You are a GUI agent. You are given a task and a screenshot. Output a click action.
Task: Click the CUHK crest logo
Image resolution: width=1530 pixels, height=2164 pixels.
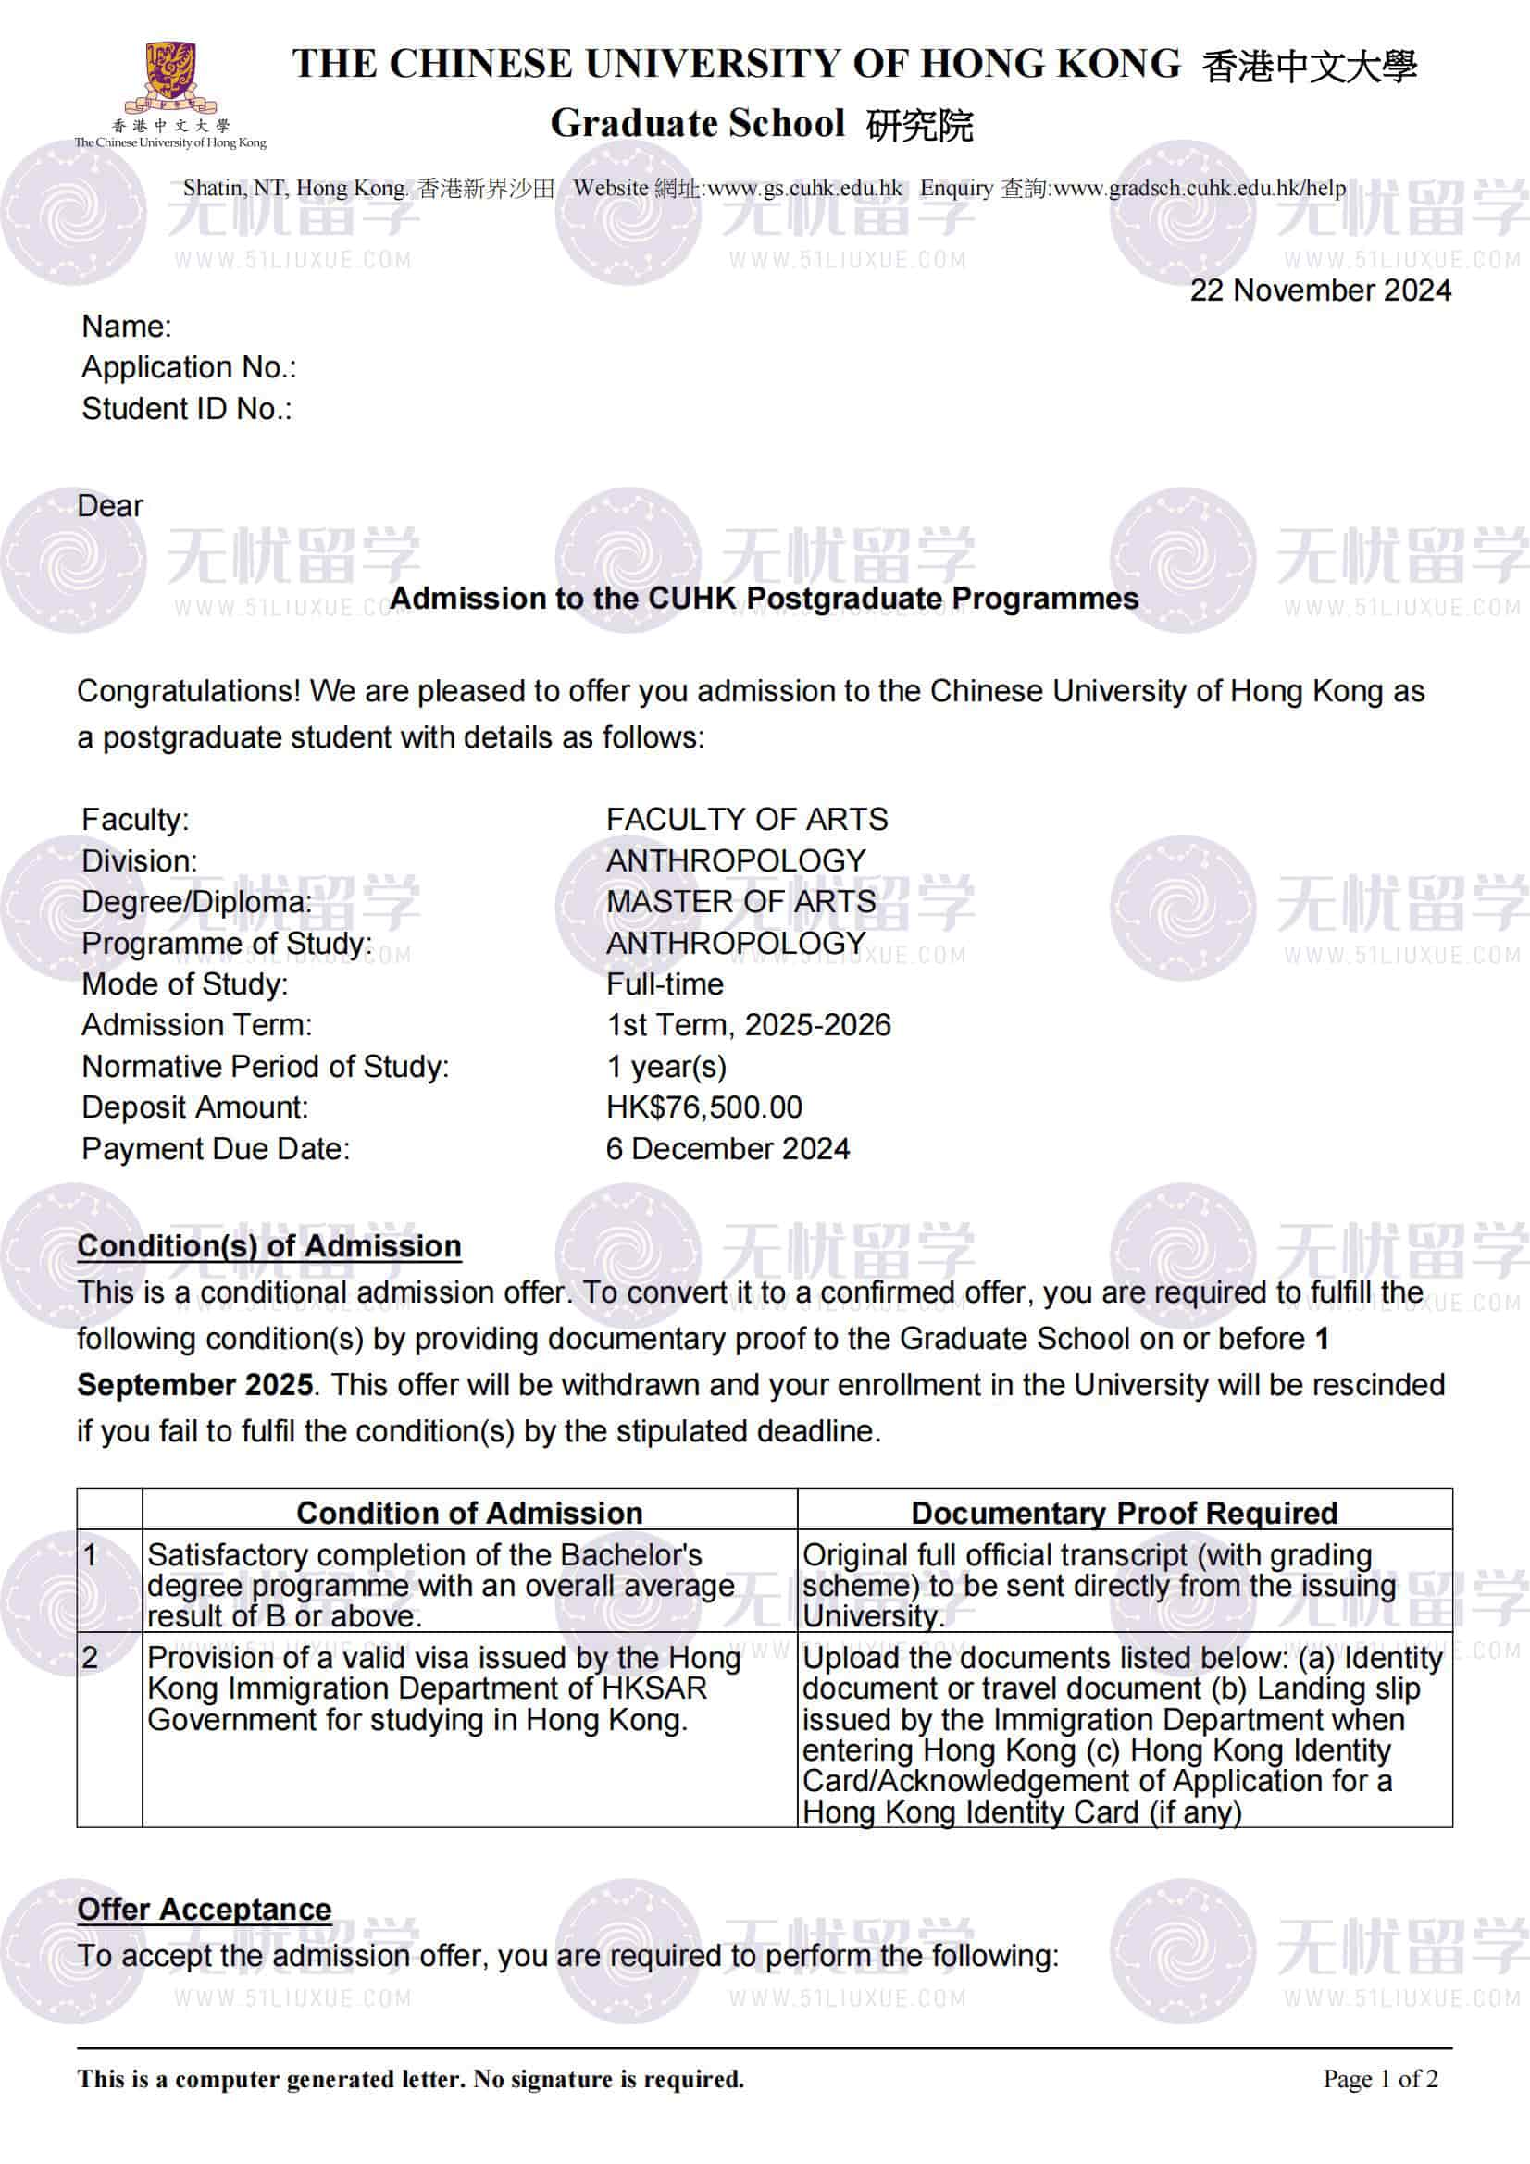click(x=169, y=75)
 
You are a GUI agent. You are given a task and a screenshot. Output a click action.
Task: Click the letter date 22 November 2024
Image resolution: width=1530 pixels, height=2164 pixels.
click(x=1320, y=291)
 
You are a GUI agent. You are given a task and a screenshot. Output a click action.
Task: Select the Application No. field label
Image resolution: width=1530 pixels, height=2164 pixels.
click(x=189, y=367)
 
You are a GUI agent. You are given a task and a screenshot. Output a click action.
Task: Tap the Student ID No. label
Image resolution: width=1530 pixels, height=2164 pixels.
click(x=187, y=409)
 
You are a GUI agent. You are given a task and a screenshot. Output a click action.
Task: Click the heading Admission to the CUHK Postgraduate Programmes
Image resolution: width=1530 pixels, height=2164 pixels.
click(x=764, y=599)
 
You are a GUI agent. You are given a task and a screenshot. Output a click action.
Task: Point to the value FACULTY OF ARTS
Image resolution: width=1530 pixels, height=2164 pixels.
click(x=747, y=819)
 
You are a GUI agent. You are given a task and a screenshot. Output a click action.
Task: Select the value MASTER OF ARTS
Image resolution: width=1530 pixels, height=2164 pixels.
click(x=741, y=901)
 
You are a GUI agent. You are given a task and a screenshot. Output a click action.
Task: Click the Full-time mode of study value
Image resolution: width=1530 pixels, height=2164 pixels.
click(x=665, y=984)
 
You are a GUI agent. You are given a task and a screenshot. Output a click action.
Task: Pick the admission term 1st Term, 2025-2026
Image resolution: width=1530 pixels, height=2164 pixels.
click(x=749, y=1024)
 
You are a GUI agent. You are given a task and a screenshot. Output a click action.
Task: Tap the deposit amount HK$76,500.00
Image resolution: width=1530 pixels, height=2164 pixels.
click(x=704, y=1107)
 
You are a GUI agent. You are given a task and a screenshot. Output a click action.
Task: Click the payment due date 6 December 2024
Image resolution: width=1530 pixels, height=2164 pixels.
click(x=728, y=1148)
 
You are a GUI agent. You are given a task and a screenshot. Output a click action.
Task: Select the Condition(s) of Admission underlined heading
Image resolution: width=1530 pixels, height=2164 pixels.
click(x=268, y=1246)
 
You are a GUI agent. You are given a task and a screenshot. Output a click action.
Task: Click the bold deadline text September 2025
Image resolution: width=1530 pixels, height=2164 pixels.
click(x=195, y=1385)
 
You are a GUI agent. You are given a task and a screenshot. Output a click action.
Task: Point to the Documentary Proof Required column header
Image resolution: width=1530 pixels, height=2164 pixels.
click(x=1124, y=1513)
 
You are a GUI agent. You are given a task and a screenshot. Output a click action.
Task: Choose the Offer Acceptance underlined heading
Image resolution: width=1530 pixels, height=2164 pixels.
click(x=205, y=1909)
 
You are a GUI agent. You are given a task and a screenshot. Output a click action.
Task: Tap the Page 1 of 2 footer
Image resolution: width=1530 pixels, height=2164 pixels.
click(x=1380, y=2078)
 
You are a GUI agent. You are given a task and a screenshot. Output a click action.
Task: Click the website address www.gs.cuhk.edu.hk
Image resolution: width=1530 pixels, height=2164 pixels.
click(x=804, y=189)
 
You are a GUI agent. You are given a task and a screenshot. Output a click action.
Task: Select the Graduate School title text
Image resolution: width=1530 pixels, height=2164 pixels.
click(x=698, y=123)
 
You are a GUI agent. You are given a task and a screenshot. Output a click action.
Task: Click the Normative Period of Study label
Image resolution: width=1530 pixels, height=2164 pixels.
click(x=266, y=1066)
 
